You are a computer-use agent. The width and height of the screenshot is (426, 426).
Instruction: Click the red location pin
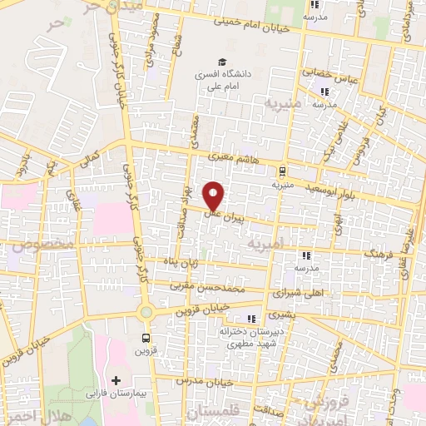[x=214, y=195]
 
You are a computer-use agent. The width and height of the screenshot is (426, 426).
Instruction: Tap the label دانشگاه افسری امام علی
[x=222, y=80]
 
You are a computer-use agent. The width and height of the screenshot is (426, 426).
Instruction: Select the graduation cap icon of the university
[x=222, y=62]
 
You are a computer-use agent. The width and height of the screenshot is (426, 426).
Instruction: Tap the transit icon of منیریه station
[x=283, y=171]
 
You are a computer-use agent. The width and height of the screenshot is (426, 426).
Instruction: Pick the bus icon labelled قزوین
[x=146, y=339]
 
